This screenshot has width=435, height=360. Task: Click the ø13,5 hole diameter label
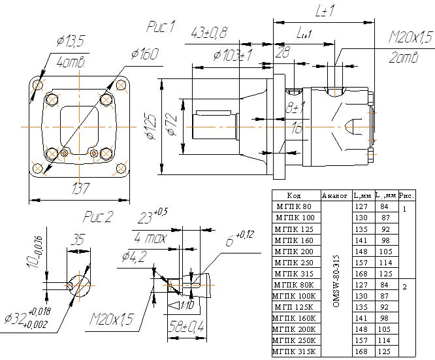70,42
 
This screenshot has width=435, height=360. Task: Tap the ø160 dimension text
145,55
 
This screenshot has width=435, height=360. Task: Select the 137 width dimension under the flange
81,189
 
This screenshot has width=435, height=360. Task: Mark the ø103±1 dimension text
233,55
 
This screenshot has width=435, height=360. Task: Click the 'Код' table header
294,195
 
